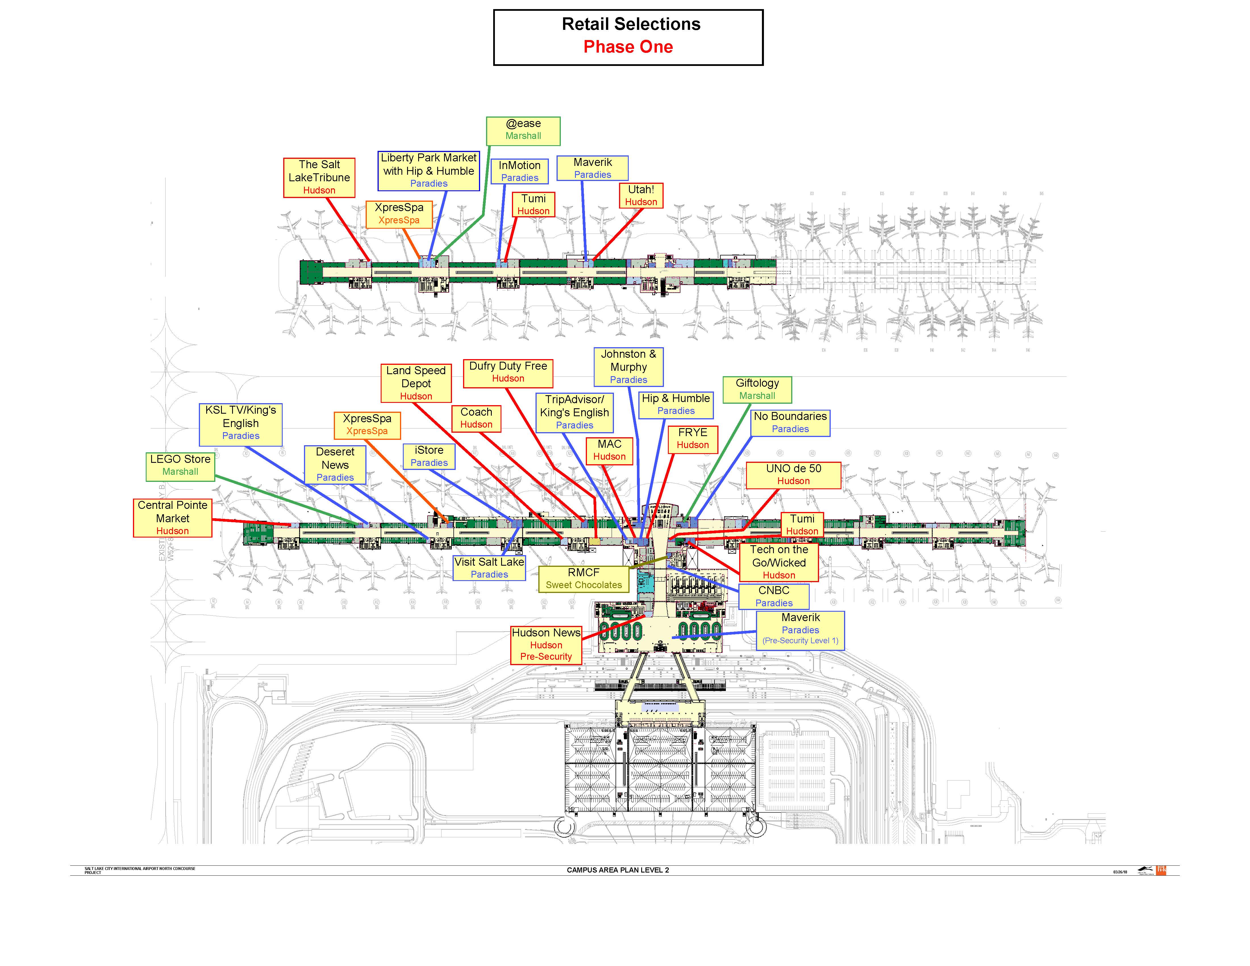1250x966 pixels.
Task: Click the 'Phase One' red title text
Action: tap(628, 47)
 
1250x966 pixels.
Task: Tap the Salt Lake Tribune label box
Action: tap(319, 177)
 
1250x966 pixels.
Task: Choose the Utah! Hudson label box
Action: tap(641, 195)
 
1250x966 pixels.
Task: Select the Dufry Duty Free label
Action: tap(508, 372)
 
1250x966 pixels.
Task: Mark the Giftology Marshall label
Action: tap(757, 389)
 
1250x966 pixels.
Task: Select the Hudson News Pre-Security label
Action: tap(546, 644)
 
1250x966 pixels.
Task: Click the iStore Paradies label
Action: tap(429, 456)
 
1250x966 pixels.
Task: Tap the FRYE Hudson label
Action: tap(693, 438)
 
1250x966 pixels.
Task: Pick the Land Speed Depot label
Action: tap(416, 383)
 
